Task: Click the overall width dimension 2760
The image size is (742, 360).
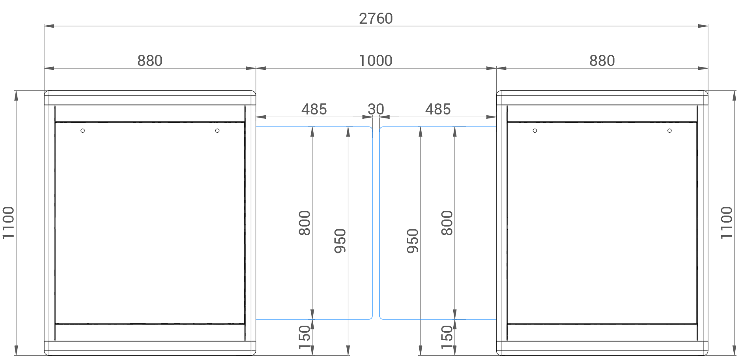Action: click(x=376, y=19)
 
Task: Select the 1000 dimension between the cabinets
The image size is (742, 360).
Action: click(x=376, y=61)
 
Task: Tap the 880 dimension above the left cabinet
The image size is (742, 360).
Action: click(x=150, y=61)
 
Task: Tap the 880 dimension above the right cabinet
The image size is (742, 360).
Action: click(x=602, y=61)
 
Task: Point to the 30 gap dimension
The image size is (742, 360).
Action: click(x=376, y=109)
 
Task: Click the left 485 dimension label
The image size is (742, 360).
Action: click(x=314, y=109)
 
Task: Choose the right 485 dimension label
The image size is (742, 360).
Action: click(x=438, y=109)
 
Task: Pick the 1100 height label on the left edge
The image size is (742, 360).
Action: click(x=8, y=223)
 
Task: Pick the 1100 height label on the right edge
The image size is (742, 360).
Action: click(x=726, y=223)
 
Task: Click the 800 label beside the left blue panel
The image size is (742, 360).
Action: click(x=305, y=223)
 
